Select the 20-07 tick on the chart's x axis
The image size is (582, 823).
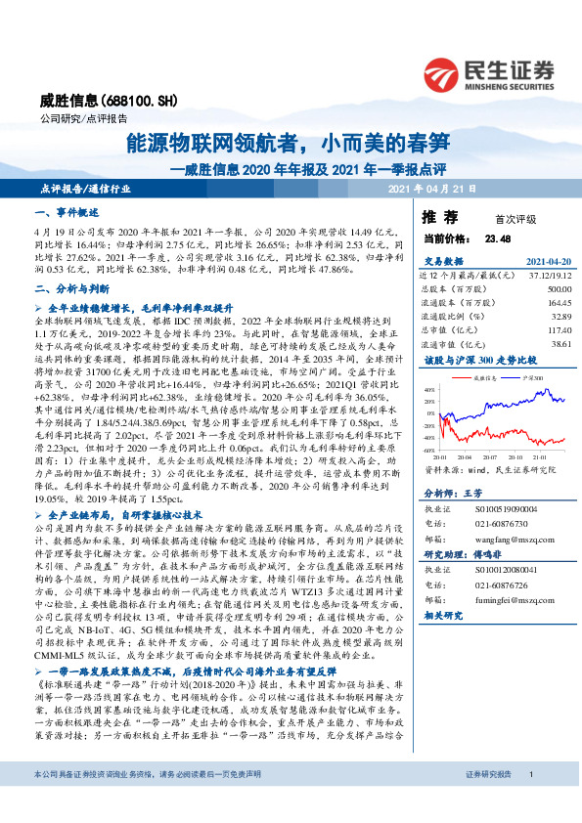pos(490,455)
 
